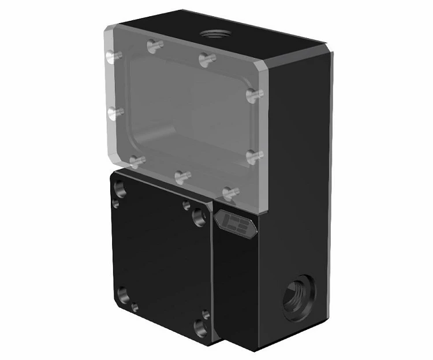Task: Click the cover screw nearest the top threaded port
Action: point(207,58)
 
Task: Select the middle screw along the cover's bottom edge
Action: point(182,176)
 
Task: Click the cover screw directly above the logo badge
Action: point(229,192)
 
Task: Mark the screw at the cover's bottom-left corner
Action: point(137,161)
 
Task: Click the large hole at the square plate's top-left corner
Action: point(120,188)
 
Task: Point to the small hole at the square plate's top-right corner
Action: point(186,204)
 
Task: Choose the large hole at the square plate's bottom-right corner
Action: point(200,328)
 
